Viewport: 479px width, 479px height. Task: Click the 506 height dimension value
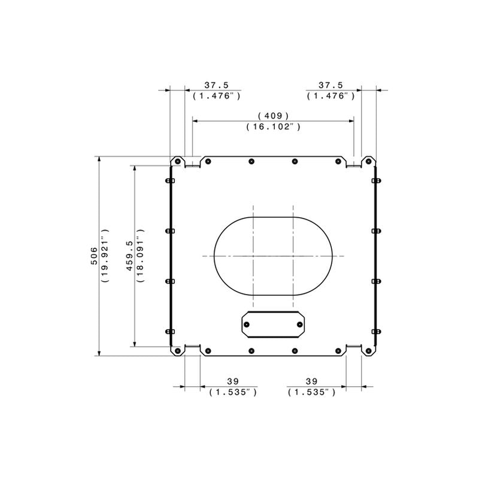click(94, 256)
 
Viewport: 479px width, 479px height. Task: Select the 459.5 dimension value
click(129, 256)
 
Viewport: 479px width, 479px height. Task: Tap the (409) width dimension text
click(274, 116)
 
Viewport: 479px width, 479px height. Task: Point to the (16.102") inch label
click(274, 126)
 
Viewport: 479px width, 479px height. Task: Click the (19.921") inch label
click(105, 256)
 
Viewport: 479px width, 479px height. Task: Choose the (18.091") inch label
click(140, 256)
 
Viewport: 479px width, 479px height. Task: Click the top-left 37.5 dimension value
click(217, 85)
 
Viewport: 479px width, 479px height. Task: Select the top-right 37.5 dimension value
click(331, 85)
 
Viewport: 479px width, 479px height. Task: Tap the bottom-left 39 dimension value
click(233, 381)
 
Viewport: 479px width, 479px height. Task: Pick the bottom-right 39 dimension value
click(311, 381)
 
